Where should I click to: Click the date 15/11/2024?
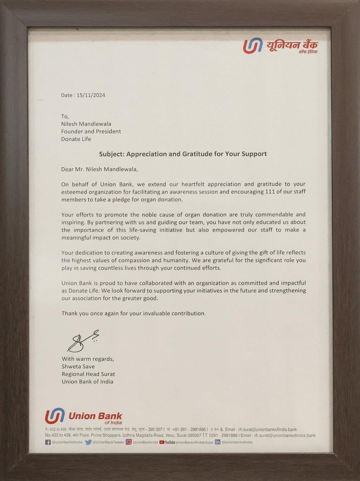[89, 95]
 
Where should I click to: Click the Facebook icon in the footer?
[48, 442]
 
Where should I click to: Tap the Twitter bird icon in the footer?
[88, 442]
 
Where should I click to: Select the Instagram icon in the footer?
[129, 442]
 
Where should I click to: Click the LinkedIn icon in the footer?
[217, 442]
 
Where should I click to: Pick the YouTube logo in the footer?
[167, 442]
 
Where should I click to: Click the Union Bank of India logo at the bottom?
[83, 417]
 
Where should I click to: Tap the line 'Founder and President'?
[91, 132]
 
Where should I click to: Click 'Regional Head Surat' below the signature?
[88, 374]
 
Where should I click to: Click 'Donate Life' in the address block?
[76, 139]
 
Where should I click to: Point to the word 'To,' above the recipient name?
[65, 116]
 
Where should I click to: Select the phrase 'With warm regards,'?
[88, 359]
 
